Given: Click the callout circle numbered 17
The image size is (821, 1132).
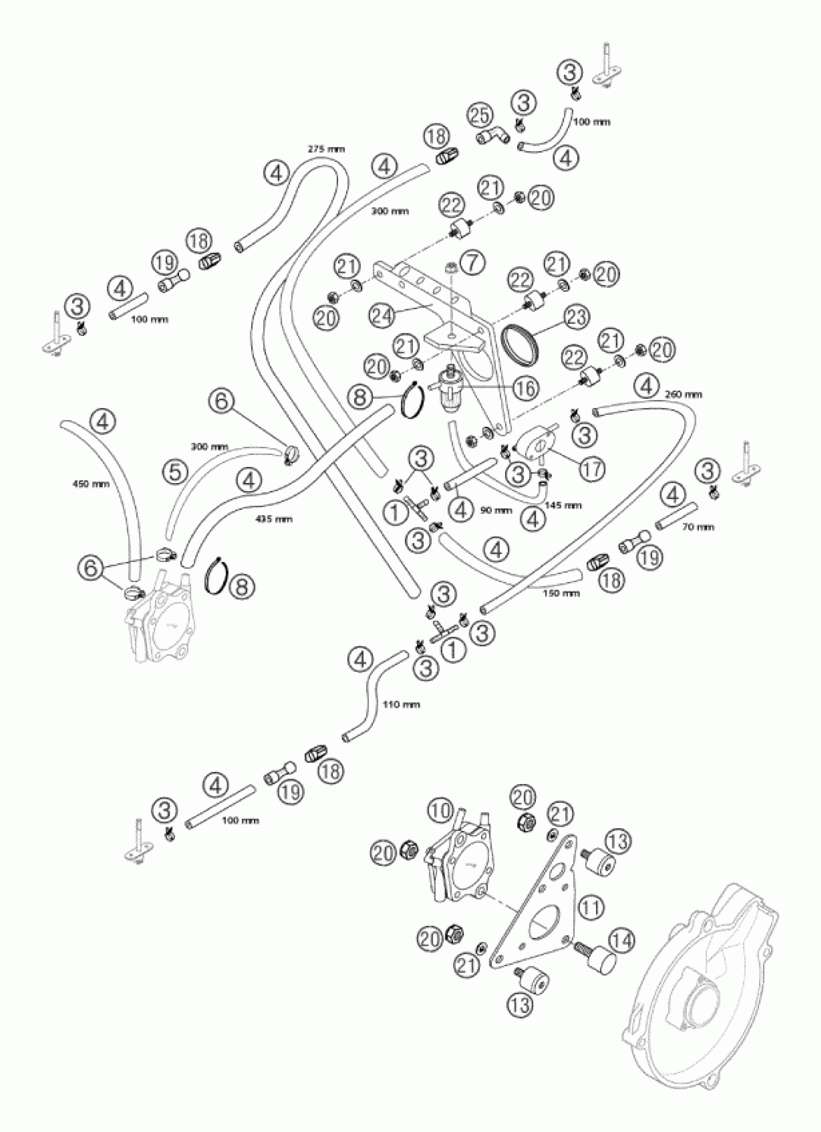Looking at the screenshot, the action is point(592,468).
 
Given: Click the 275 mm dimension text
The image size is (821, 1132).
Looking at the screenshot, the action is point(326,149).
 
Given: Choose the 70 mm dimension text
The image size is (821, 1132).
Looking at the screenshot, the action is point(698,526).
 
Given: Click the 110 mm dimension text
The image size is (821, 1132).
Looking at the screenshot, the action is point(401,704).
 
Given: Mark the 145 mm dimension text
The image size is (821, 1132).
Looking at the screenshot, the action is point(564,505).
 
